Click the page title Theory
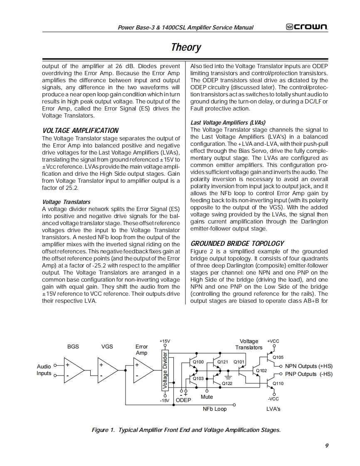tap(186, 47)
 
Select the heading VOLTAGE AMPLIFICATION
tap(80, 130)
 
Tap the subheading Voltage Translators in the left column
tap(67, 202)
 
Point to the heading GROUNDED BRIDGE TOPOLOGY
tap(237, 243)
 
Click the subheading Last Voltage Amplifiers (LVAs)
tap(228, 123)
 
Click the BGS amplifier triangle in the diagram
tap(75, 370)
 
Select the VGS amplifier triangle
tap(108, 370)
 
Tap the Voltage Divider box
tap(165, 371)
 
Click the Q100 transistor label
tap(199, 362)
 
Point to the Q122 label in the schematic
tap(227, 384)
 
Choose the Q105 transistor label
tap(278, 357)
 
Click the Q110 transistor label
tap(278, 383)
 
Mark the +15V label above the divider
tap(165, 341)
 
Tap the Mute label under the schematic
tap(207, 397)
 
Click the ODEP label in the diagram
tap(183, 400)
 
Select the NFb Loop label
tap(215, 409)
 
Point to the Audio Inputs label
tap(44, 370)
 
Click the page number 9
tap(327, 446)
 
